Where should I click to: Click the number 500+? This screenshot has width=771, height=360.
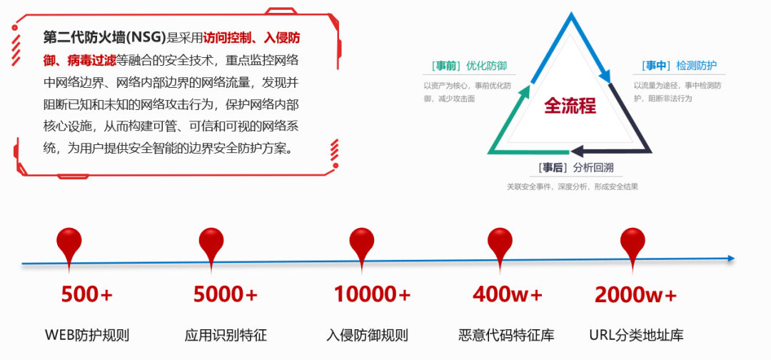point(87,294)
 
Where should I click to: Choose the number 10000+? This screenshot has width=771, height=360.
point(373,294)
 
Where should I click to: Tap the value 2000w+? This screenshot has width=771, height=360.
point(635,294)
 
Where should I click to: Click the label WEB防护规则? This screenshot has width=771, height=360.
point(87,335)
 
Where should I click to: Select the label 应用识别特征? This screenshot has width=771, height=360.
point(226,335)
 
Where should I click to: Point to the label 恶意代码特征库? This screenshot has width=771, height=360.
point(506,335)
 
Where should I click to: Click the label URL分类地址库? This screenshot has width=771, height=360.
point(637,335)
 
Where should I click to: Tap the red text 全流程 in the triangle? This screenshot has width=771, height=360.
point(570,106)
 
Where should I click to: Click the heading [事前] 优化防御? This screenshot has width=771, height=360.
point(469,66)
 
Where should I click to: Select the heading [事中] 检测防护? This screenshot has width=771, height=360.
point(679,66)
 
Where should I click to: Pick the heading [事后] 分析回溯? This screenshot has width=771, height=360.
point(572,169)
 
